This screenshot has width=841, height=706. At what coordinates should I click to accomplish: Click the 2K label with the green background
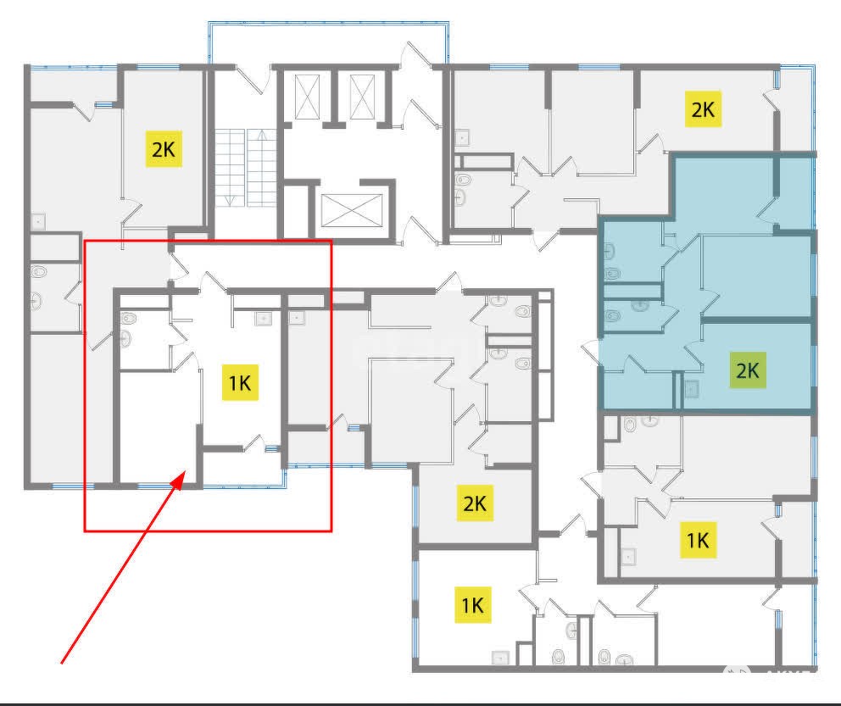point(748,370)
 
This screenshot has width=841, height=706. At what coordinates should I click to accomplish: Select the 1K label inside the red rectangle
point(240,383)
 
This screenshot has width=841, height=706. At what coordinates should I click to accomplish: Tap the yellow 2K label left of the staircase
point(164,149)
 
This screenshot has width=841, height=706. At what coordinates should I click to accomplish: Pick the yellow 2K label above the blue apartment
point(703,109)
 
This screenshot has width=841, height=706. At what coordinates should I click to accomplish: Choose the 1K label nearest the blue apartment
point(699,540)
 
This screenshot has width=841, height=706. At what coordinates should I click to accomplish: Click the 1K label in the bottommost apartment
point(473,604)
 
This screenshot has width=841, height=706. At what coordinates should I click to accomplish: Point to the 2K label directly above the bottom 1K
point(476,503)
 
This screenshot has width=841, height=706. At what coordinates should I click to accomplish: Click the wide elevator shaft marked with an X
point(352,211)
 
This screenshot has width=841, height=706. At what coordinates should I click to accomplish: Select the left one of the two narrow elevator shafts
point(308,97)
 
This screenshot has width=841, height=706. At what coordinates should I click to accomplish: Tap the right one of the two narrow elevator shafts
point(363,97)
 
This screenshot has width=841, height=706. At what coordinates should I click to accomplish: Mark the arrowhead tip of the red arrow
point(185,472)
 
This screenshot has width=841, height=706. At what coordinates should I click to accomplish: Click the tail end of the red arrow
point(62,663)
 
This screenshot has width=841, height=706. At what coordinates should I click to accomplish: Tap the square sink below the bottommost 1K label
point(501,657)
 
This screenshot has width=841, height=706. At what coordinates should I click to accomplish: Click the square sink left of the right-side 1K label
point(628,557)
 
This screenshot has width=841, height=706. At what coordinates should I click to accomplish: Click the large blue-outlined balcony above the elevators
point(328,43)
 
